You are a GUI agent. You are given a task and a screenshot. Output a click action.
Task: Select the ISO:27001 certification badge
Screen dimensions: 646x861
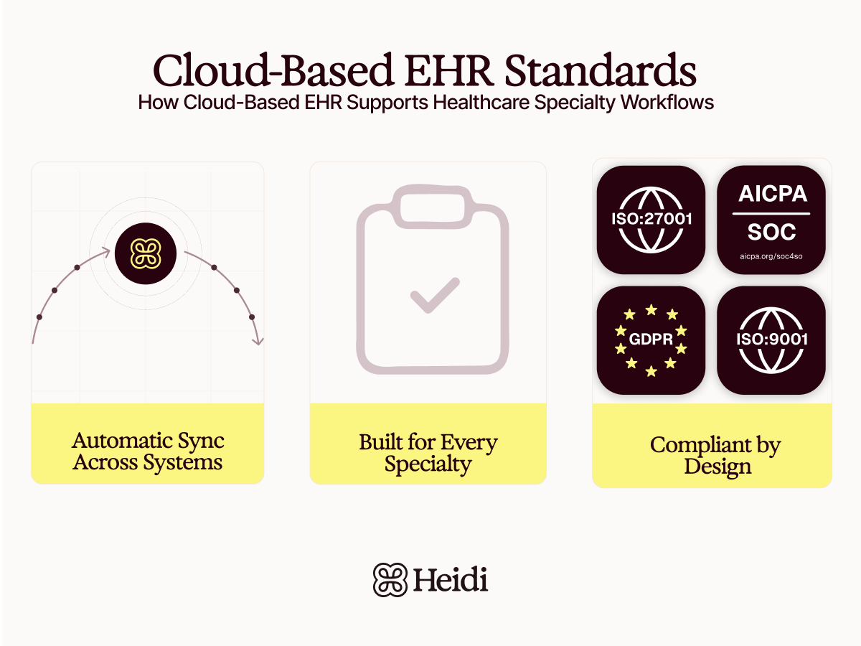click(651, 220)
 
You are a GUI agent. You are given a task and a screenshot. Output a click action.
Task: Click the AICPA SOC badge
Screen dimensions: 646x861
click(771, 220)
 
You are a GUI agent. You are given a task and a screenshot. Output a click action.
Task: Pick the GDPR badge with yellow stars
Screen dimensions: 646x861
click(651, 340)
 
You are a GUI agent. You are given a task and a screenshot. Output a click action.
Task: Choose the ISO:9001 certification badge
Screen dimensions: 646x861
click(771, 340)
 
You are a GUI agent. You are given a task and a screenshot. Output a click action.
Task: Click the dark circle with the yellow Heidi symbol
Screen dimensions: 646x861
click(146, 254)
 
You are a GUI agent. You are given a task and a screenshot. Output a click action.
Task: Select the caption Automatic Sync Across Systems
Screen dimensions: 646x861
click(148, 451)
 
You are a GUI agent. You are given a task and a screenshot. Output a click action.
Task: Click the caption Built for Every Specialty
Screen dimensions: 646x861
click(428, 453)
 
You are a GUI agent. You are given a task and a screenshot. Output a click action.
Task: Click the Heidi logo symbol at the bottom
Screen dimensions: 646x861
click(390, 579)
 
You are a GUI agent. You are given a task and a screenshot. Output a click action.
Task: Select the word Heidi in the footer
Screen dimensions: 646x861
click(451, 579)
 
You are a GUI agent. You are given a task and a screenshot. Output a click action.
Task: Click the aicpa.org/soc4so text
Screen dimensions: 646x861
click(771, 256)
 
